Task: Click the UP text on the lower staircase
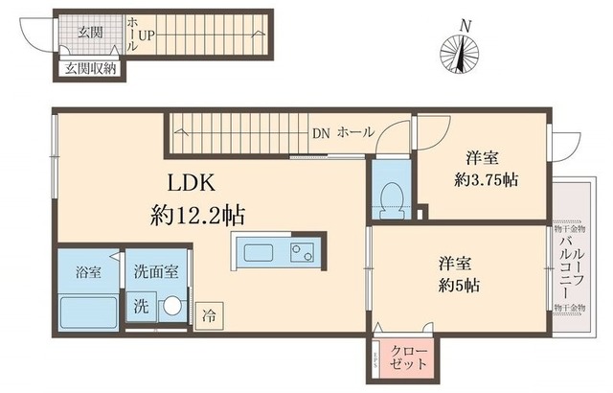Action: [146, 36]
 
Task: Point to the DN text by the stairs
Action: [321, 133]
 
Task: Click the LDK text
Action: [197, 182]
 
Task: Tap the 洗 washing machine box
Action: [140, 309]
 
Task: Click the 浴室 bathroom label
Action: [88, 271]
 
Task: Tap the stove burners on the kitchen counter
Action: [301, 254]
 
